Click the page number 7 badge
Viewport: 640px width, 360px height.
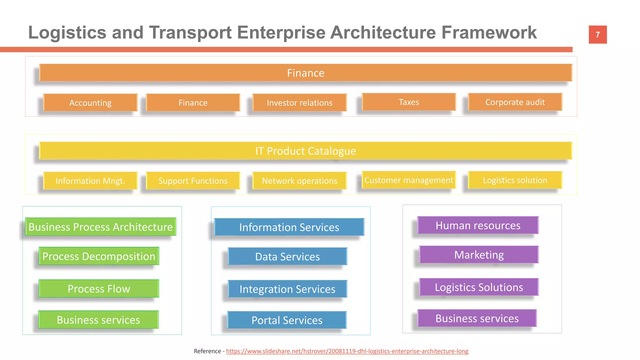pos(597,34)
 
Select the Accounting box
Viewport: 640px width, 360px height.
pos(90,102)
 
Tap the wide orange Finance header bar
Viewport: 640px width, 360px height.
pos(306,73)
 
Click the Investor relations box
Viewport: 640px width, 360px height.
pos(299,102)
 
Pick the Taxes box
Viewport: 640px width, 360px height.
pos(409,102)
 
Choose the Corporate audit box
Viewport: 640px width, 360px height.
pos(515,102)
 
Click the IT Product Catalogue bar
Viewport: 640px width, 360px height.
pos(306,151)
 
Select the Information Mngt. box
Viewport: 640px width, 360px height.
pos(90,181)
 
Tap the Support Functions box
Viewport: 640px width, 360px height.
pos(193,181)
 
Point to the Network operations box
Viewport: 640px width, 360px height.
pos(299,181)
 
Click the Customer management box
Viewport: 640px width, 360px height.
pos(409,180)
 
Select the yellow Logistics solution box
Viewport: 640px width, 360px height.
pos(515,180)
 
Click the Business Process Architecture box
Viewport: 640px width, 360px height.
pos(101,227)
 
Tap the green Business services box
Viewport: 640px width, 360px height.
pos(98,320)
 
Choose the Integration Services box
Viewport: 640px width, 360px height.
pos(287,289)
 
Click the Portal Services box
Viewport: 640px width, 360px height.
pos(287,320)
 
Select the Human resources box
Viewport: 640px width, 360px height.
pos(478,225)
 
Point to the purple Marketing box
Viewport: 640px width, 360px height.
pos(479,255)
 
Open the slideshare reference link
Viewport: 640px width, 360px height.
pos(347,351)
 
